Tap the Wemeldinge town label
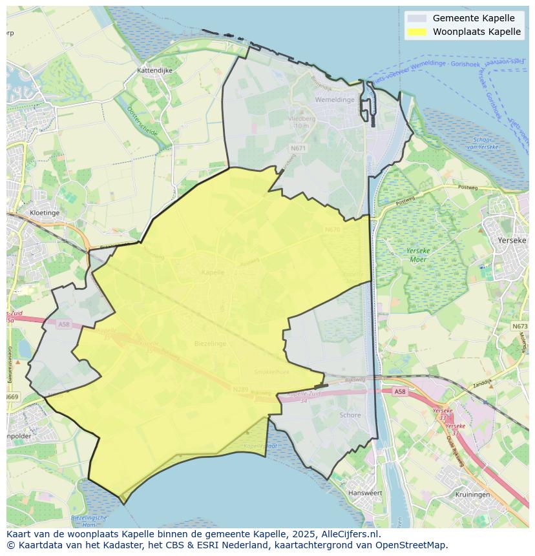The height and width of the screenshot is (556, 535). point(335,100)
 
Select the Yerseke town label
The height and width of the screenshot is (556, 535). point(512,240)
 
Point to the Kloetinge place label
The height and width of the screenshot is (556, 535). point(45,212)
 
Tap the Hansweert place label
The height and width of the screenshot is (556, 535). point(365,493)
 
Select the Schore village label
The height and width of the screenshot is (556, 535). point(350,415)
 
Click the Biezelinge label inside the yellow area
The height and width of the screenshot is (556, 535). point(210,344)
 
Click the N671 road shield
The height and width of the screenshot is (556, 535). point(298,148)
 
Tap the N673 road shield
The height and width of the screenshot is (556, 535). point(520,326)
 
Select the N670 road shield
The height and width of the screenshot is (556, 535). point(333,229)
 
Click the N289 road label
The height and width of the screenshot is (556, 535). point(240,389)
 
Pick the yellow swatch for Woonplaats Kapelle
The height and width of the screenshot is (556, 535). point(417,32)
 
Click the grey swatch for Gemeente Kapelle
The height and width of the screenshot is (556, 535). point(417,18)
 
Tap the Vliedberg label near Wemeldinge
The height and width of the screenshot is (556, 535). point(301,119)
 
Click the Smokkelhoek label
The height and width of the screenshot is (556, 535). point(271,372)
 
